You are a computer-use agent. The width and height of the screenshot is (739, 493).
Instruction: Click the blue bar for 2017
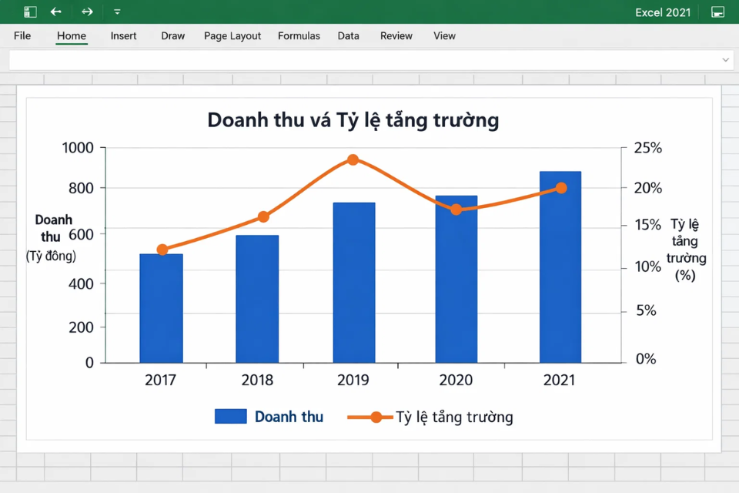161,308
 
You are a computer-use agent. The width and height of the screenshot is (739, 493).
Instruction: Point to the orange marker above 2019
353,160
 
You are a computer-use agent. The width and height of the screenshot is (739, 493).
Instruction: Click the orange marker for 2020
456,210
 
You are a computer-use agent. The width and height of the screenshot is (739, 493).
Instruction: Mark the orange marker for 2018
263,217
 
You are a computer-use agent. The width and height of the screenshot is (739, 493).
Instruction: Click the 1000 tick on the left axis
77,148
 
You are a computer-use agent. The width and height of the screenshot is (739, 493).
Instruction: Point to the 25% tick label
647,148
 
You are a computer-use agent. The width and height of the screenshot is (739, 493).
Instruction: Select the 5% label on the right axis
646,310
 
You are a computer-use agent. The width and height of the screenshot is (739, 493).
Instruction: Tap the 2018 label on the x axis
257,380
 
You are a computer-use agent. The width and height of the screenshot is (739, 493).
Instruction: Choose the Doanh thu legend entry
269,417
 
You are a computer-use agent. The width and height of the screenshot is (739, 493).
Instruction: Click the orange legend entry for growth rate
431,417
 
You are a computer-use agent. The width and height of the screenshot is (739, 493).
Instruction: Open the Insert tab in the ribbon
123,36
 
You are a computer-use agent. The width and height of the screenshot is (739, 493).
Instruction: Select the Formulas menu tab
299,36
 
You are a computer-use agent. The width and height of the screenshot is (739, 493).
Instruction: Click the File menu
22,36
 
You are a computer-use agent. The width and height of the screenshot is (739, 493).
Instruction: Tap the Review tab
396,36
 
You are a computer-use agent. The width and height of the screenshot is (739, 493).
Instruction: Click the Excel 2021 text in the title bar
663,12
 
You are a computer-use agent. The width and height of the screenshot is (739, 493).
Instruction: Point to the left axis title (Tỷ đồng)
51,256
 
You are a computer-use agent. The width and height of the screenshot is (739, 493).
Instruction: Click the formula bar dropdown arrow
725,60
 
